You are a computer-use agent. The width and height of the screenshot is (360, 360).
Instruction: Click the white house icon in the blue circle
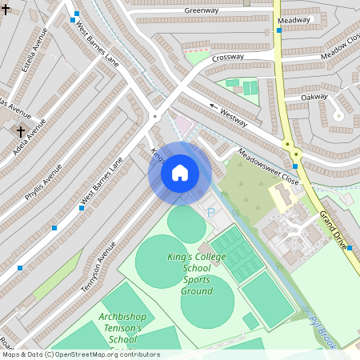180,172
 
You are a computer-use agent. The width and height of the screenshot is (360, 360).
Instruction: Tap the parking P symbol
211,213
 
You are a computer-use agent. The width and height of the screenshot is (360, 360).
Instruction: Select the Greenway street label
202,10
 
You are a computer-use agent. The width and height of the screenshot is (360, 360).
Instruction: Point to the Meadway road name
294,20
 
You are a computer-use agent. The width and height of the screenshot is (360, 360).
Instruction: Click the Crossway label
228,58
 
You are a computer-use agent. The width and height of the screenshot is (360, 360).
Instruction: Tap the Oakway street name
314,97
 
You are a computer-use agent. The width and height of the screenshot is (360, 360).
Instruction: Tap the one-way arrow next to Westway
214,105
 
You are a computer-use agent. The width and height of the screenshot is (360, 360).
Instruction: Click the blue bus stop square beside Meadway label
279,30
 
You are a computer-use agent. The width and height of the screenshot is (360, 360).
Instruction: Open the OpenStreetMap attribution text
80,354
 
